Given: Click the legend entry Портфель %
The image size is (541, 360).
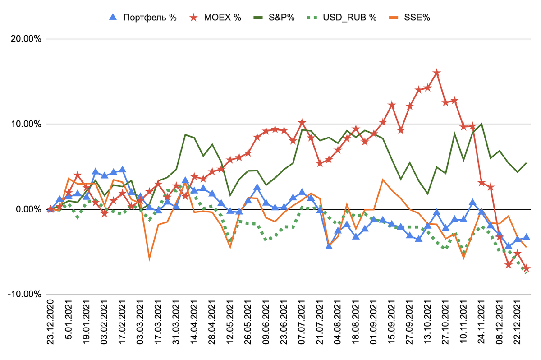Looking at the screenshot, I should pyautogui.click(x=149, y=18).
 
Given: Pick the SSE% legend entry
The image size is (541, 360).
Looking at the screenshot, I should pyautogui.click(x=418, y=18).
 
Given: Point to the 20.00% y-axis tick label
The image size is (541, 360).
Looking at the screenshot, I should pyautogui.click(x=25, y=39).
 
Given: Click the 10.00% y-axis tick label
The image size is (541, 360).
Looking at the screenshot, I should pyautogui.click(x=25, y=124).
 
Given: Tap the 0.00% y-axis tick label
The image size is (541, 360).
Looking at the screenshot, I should pyautogui.click(x=28, y=209).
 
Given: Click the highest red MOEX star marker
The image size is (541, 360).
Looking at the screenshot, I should pyautogui.click(x=436, y=73).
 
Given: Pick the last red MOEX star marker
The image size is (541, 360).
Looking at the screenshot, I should pyautogui.click(x=526, y=268).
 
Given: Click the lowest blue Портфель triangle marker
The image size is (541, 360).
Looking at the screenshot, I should pyautogui.click(x=329, y=246).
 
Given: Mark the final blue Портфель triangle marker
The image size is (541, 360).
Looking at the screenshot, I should pyautogui.click(x=526, y=237).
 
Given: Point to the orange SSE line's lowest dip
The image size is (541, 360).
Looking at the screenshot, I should pyautogui.click(x=149, y=258).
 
